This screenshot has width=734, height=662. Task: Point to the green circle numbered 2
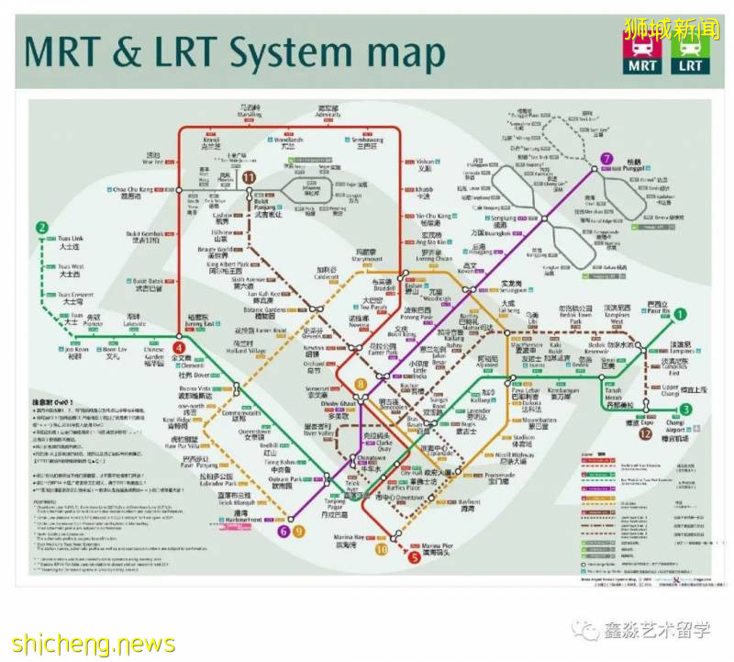tap(41, 229)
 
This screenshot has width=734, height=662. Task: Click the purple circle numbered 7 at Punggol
tap(606, 159)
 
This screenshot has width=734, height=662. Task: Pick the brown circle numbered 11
tap(248, 177)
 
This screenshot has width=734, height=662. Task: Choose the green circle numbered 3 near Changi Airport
tap(685, 410)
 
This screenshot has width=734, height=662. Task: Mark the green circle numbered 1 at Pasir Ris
tap(680, 314)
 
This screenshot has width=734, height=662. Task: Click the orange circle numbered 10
tap(381, 549)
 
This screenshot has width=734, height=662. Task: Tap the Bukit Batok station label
tap(149, 284)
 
